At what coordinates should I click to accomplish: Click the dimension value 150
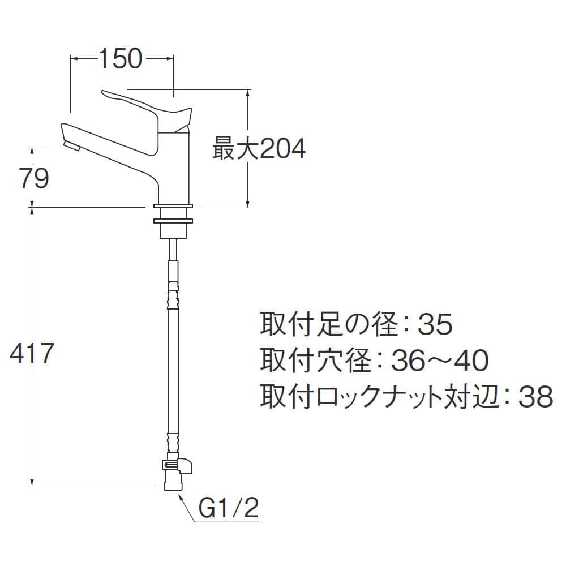[121, 59]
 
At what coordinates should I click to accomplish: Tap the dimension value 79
[35, 178]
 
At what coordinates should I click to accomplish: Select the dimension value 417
[32, 353]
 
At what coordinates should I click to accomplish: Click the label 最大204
[259, 148]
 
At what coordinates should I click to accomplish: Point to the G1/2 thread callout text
[229, 508]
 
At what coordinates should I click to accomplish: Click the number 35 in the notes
[435, 324]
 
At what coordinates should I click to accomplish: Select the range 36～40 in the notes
[440, 360]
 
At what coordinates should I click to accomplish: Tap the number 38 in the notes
[535, 396]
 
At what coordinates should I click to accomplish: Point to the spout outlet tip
[72, 146]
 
